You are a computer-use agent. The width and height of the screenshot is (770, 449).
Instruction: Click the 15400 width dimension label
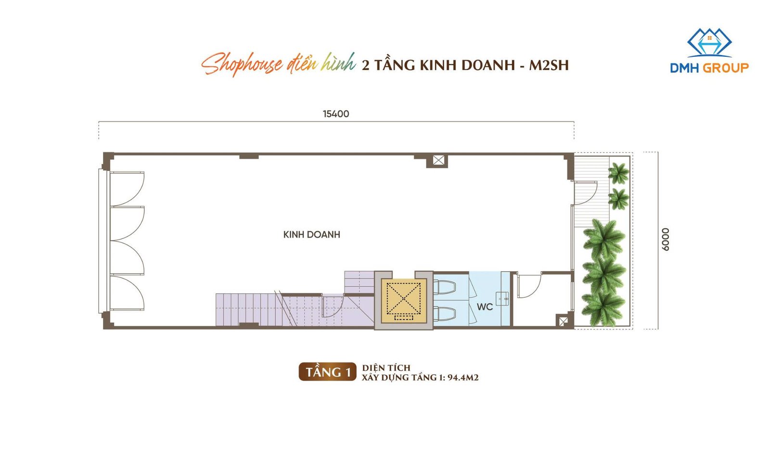click(x=336, y=114)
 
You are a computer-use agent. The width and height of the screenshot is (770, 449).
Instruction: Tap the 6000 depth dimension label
click(x=665, y=239)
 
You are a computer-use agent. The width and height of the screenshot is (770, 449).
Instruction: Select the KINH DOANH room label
click(x=311, y=235)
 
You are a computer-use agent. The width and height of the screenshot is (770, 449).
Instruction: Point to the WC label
click(x=485, y=306)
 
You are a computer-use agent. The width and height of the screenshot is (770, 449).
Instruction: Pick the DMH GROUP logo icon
click(x=709, y=43)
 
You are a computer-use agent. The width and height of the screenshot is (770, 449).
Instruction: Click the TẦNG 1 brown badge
click(x=328, y=371)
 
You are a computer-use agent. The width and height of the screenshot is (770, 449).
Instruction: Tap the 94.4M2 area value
click(x=463, y=378)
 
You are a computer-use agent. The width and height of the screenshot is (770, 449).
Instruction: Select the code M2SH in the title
click(x=549, y=66)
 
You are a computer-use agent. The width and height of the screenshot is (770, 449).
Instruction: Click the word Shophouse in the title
click(x=242, y=65)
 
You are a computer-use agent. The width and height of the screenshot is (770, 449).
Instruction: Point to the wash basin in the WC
click(x=502, y=298)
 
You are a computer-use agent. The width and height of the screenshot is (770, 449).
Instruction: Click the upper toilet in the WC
click(x=445, y=287)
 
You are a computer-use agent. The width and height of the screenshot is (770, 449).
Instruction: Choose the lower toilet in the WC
click(x=445, y=314)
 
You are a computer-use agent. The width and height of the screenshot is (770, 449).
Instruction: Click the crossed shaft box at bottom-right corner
click(x=563, y=321)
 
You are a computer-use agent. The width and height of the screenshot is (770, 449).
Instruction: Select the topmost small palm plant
click(x=618, y=173)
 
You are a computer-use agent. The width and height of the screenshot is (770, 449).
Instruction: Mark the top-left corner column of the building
click(x=108, y=160)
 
